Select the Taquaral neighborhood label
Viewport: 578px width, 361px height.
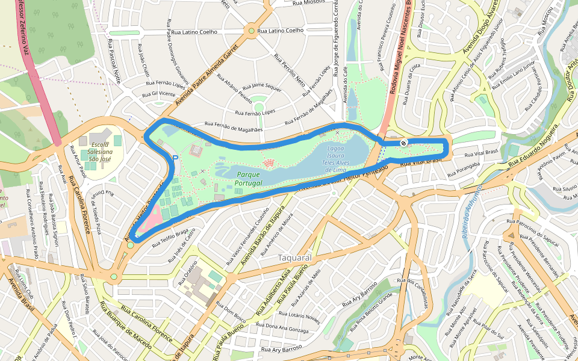[x=294, y=258]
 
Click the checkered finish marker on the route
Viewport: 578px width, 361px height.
[x=403, y=143]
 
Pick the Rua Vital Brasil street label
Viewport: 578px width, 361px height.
[x=482, y=152]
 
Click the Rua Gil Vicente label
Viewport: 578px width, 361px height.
[x=158, y=94]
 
